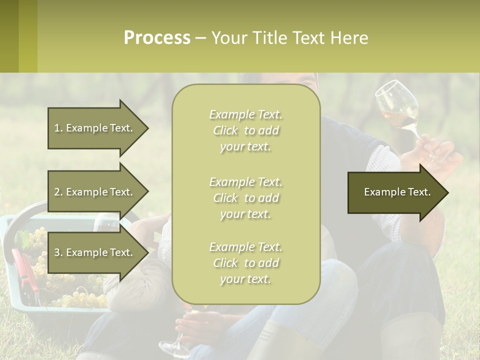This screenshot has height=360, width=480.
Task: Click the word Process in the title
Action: click(157, 38)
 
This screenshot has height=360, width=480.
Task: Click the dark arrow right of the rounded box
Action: click(397, 192)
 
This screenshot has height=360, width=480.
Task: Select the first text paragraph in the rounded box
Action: click(245, 130)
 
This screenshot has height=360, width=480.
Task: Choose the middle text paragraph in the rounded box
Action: click(245, 198)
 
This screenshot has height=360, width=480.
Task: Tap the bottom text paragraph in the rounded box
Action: click(245, 263)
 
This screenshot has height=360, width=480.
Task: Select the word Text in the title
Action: click(308, 38)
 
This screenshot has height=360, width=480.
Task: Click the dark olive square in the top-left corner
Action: click(9, 36)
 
